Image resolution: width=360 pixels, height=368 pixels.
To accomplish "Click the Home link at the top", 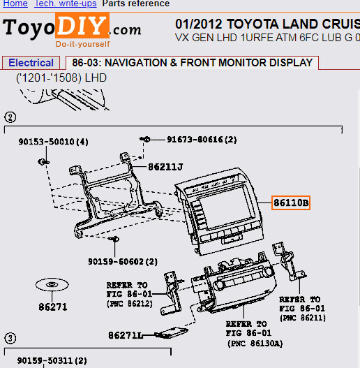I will (15, 3).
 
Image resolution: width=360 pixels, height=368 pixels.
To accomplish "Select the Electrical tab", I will (31, 63).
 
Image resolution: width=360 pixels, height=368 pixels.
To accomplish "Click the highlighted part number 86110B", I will (291, 203).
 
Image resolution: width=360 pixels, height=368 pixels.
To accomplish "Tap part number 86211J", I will (165, 167).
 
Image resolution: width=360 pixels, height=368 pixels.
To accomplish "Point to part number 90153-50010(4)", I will (54, 142).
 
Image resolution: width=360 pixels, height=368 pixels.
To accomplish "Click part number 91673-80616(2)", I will (202, 140).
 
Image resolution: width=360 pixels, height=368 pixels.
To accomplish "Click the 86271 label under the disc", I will (53, 306).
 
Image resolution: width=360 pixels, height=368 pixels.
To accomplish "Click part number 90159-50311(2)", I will (52, 361).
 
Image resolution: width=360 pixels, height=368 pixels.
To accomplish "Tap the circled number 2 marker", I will (10, 117).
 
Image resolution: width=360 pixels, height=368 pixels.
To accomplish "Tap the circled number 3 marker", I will (10, 338).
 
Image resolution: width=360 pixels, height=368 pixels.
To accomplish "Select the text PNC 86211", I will (302, 317).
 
